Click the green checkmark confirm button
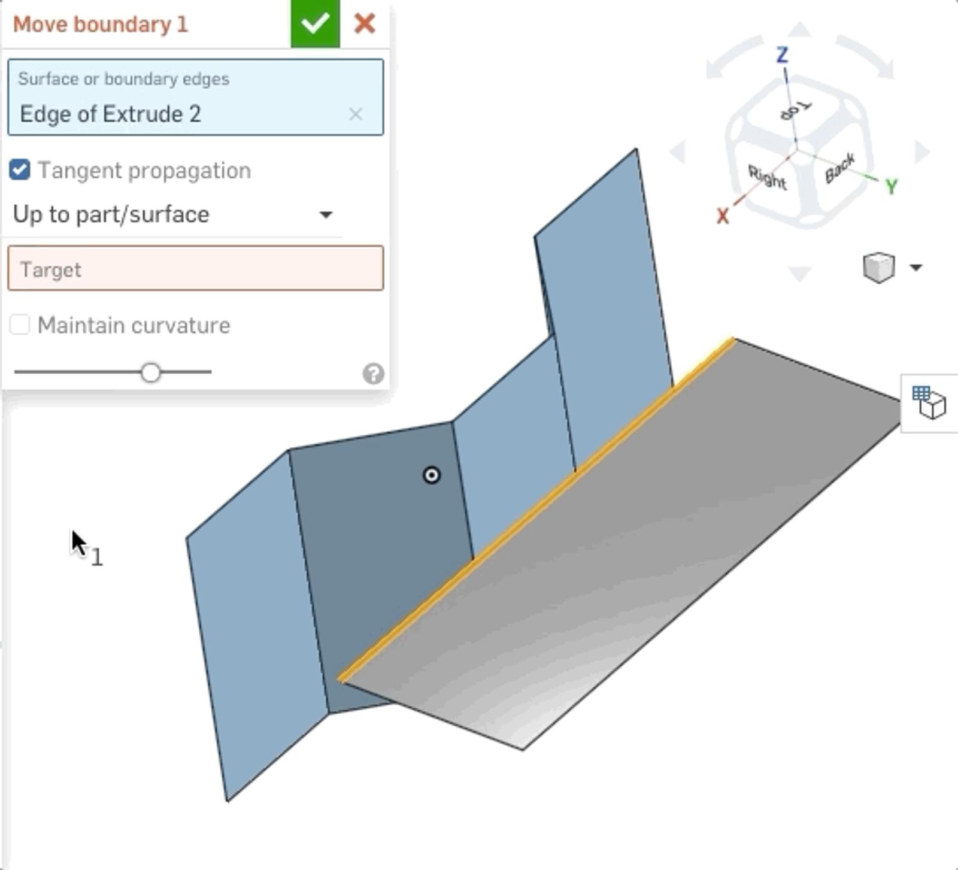pyautogui.click(x=315, y=24)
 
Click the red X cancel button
pyautogui.click(x=364, y=24)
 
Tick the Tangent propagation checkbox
pyautogui.click(x=20, y=170)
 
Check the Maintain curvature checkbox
pyautogui.click(x=20, y=325)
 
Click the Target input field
pyautogui.click(x=195, y=269)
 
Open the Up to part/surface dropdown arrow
pyautogui.click(x=326, y=214)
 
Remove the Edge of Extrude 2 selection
pyautogui.click(x=356, y=114)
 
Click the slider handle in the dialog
pyautogui.click(x=151, y=372)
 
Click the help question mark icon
pyautogui.click(x=373, y=374)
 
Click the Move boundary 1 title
pyautogui.click(x=101, y=25)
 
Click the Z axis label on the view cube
pyautogui.click(x=782, y=55)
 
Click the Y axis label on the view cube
pyautogui.click(x=891, y=187)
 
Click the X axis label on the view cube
pyautogui.click(x=723, y=216)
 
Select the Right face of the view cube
pyautogui.click(x=767, y=178)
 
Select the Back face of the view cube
pyautogui.click(x=839, y=168)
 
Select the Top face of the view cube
pyautogui.click(x=796, y=110)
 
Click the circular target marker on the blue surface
pyautogui.click(x=431, y=475)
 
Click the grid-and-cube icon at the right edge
pyautogui.click(x=929, y=402)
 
